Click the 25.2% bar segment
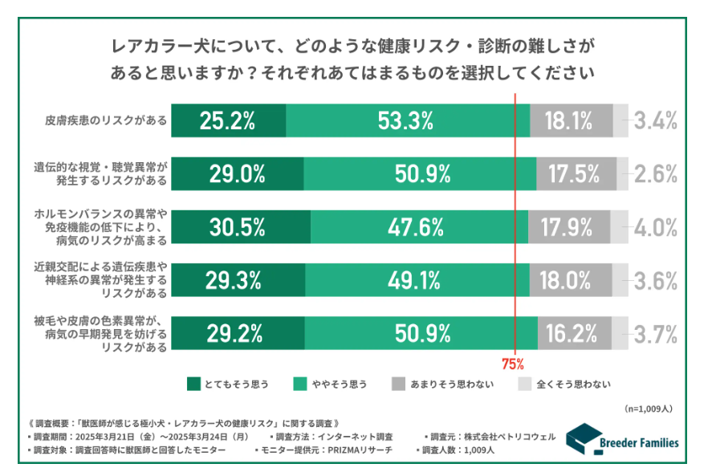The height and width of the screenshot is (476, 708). pyautogui.click(x=228, y=121)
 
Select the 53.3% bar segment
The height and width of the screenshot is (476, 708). pyautogui.click(x=407, y=121)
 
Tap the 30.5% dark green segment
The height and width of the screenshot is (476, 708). pyautogui.click(x=239, y=227)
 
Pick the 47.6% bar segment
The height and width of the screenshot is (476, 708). pyautogui.click(x=417, y=227)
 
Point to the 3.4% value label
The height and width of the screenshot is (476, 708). pyautogui.click(x=656, y=121)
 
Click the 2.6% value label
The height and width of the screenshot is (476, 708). pyautogui.click(x=656, y=174)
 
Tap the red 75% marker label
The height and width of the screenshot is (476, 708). pyautogui.click(x=513, y=363)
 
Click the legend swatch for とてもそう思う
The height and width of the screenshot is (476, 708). pyautogui.click(x=193, y=384)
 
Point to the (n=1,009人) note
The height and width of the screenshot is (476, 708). pyautogui.click(x=651, y=409)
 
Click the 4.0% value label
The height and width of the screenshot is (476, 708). pyautogui.click(x=656, y=227)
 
